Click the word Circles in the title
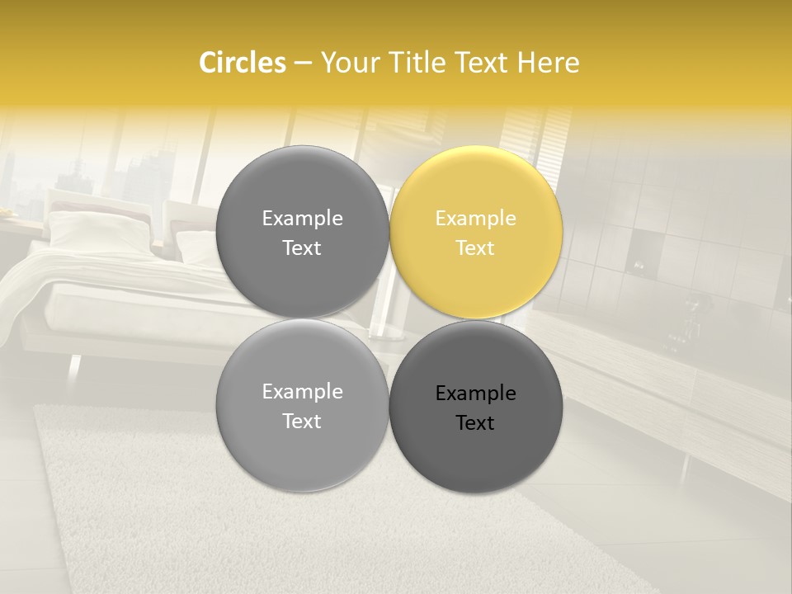click(x=243, y=63)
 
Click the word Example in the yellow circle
click(x=476, y=219)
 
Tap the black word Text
click(x=475, y=423)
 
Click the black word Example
click(x=476, y=394)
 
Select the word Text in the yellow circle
click(x=475, y=248)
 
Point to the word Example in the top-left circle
click(x=302, y=219)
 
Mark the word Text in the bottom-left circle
click(x=302, y=422)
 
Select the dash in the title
click(x=303, y=64)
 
